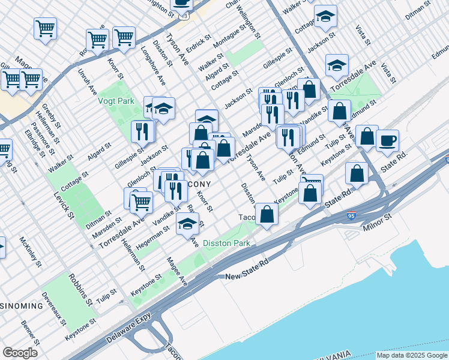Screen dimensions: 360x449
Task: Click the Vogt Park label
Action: (116, 101)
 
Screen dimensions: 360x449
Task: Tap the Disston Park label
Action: (226, 243)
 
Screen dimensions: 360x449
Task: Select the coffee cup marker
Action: (388, 140)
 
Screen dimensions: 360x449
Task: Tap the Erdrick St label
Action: (199, 46)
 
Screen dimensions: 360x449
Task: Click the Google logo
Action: (20, 353)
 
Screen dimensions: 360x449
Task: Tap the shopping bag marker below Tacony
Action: (267, 214)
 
